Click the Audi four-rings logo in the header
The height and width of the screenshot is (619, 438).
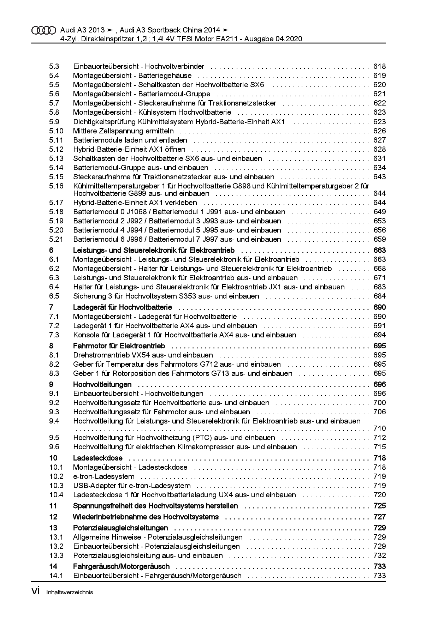44,30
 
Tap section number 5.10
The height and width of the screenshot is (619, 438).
56,131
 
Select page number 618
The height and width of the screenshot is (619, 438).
379,66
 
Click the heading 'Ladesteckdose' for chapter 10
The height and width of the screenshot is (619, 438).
97,458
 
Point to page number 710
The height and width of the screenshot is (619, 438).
379,428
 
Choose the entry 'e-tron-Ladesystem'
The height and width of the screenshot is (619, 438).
103,476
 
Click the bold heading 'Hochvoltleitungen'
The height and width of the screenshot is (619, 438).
102,384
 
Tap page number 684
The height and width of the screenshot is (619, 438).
379,296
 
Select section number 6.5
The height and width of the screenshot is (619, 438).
54,296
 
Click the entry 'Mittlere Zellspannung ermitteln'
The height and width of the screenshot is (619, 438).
123,131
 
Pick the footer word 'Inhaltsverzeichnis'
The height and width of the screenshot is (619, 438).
70,593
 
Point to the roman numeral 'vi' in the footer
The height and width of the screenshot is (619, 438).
35,591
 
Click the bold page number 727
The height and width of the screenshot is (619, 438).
379,517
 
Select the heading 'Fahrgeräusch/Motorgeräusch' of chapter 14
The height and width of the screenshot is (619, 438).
121,566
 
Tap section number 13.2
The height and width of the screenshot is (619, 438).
56,546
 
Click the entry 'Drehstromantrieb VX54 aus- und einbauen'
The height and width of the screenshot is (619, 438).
143,355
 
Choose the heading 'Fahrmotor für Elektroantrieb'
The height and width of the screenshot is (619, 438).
119,346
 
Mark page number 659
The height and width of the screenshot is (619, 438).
379,239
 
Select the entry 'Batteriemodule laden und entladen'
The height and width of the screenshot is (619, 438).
130,140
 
